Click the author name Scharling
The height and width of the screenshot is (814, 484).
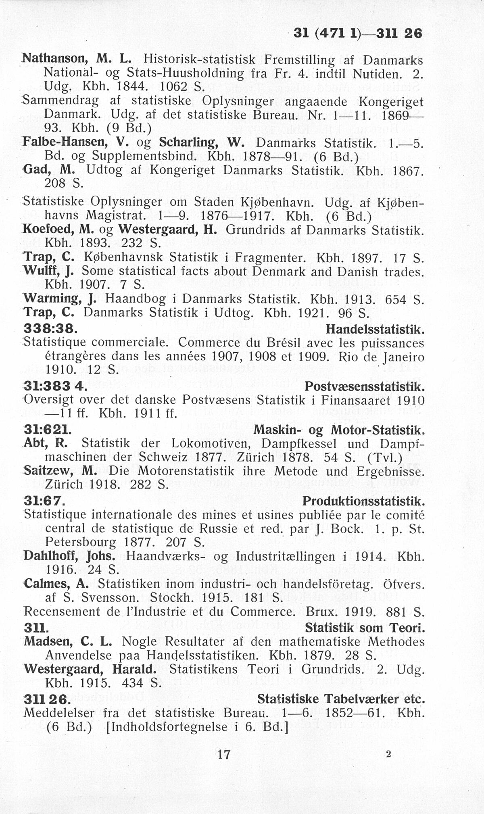pos(190,143)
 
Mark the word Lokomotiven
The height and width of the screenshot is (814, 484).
pos(212,443)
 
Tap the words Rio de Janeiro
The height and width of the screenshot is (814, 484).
pos(382,357)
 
